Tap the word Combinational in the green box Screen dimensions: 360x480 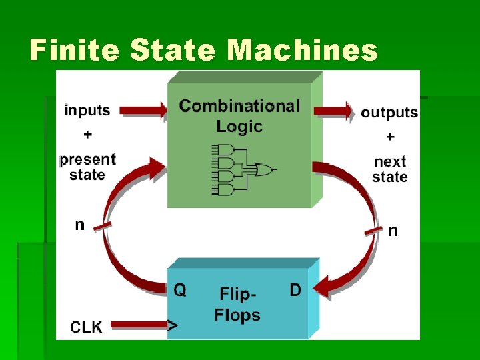coord(239,106)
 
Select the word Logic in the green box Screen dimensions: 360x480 coord(239,126)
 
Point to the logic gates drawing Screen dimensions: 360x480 coord(242,169)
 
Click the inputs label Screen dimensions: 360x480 coord(87,110)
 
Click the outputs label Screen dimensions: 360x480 coord(389,112)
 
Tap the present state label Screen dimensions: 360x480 coord(87,167)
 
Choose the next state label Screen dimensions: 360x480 coord(390,169)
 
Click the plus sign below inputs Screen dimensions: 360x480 coord(87,135)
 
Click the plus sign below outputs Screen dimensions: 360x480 coord(390,137)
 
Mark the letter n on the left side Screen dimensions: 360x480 coord(79,225)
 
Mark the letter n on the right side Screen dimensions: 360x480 coord(393,231)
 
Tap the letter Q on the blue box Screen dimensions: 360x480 coord(180,290)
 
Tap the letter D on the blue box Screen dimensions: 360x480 coord(295,290)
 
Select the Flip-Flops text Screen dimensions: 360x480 coord(237,305)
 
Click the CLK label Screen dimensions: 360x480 coord(87,327)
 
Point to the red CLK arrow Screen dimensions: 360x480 coord(140,326)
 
